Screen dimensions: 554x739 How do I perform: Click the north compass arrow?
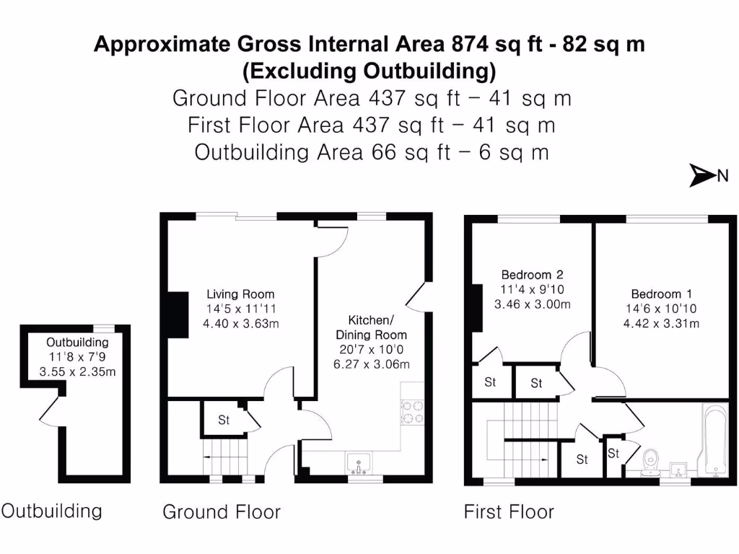click(x=702, y=175)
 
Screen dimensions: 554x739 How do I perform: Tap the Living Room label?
click(x=240, y=294)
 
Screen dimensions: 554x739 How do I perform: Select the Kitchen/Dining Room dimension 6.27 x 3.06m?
click(x=372, y=364)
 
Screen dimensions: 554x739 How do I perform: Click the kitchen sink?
click(x=358, y=462)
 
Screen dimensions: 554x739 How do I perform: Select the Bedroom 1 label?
click(x=661, y=294)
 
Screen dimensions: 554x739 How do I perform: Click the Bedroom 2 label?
click(x=532, y=275)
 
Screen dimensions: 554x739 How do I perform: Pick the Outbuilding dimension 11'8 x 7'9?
click(x=77, y=357)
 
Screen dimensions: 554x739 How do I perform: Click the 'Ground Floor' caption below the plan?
click(x=221, y=512)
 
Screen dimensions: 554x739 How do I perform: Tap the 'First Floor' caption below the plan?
click(x=509, y=512)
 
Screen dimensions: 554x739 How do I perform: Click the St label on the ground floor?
click(x=224, y=420)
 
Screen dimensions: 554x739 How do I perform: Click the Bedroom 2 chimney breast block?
click(x=476, y=307)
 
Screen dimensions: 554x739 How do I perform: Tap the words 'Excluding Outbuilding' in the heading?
click(x=369, y=71)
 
